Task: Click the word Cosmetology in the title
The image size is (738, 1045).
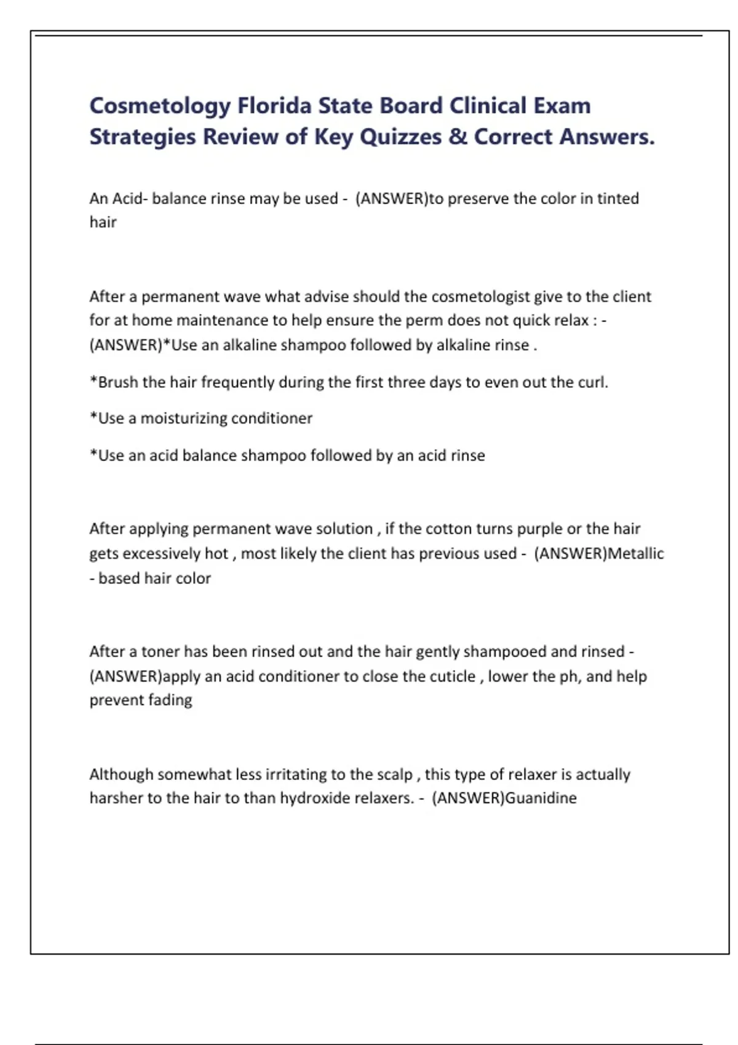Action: tap(160, 106)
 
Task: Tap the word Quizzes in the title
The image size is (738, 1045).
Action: tap(400, 136)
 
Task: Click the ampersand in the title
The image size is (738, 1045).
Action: tap(458, 136)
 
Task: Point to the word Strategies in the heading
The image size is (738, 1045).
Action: tap(142, 137)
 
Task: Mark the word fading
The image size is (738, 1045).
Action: tap(170, 700)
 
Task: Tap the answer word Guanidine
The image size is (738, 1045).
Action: tap(541, 798)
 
